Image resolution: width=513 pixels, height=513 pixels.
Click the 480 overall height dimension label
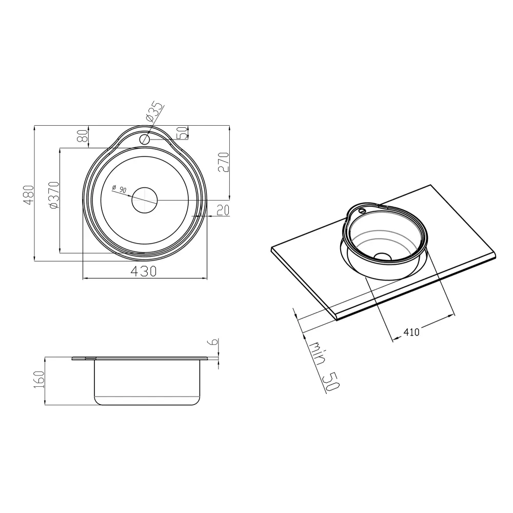click(29, 195)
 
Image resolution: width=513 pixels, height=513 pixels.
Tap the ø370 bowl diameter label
click(54, 195)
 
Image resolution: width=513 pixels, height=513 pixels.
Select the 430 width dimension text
click(144, 271)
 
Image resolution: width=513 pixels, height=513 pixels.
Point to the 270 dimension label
click(224, 162)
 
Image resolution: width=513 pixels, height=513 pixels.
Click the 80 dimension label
click(83, 136)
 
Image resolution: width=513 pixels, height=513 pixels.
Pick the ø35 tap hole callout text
click(154, 112)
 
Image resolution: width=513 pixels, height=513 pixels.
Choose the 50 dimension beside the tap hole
click(183, 133)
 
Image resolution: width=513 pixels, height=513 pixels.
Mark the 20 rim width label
click(223, 210)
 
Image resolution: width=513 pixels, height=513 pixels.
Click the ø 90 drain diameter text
click(119, 189)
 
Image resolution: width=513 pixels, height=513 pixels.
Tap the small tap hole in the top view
click(145, 140)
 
